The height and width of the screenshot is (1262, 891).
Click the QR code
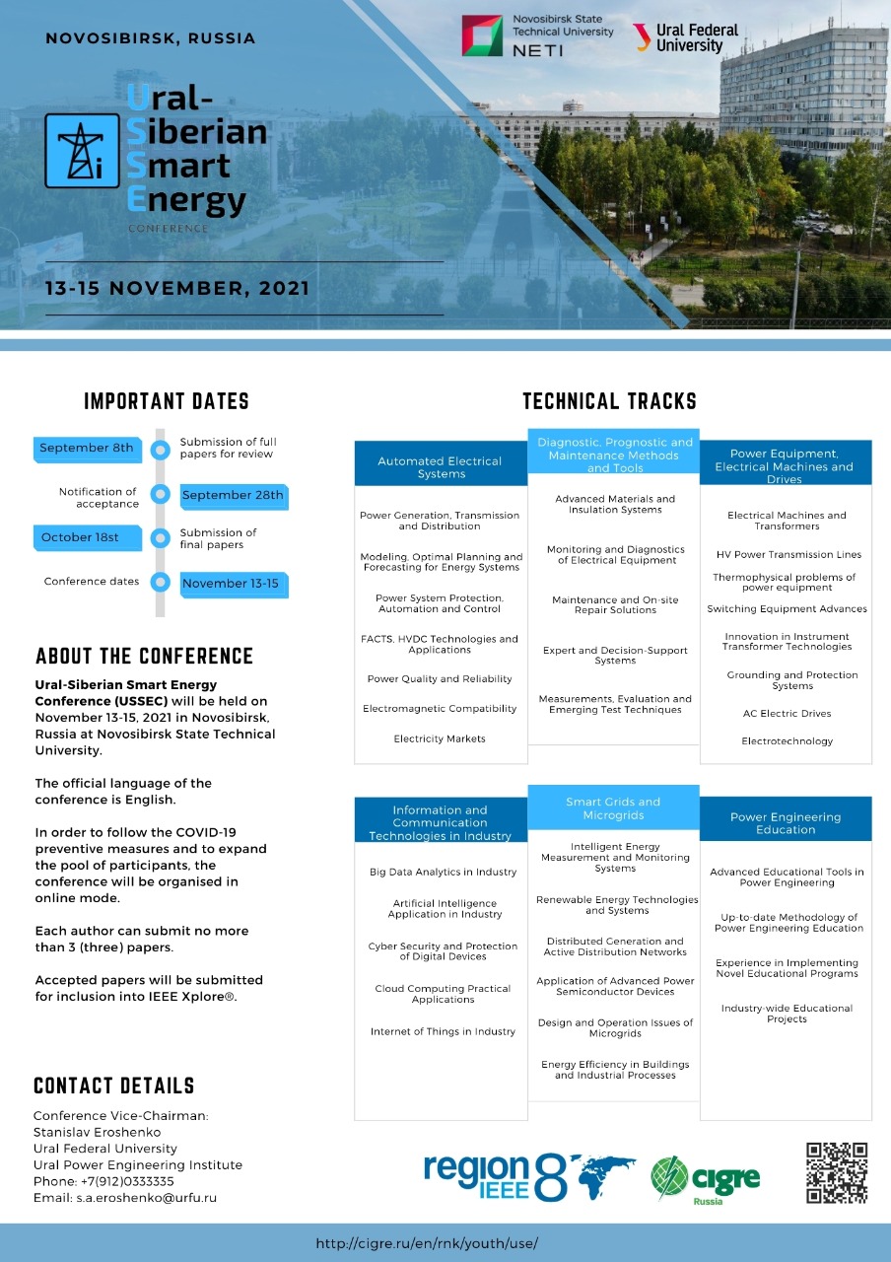coord(837,1172)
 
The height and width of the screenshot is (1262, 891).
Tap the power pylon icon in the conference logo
coord(82,150)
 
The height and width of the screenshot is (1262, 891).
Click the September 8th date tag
coord(86,449)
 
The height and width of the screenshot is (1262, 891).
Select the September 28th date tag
coord(234,496)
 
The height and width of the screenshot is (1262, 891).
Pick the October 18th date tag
coord(80,538)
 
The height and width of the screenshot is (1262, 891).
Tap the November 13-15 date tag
coord(232,585)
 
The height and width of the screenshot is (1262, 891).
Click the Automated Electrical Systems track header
coord(441,467)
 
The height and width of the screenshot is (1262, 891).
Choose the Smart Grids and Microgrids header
coord(613,808)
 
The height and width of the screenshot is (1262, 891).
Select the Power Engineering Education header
coord(786,823)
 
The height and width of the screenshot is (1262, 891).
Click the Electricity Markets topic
coord(440,738)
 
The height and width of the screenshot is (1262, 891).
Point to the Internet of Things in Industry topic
coord(443,1031)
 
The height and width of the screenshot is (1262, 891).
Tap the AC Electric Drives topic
coord(787,713)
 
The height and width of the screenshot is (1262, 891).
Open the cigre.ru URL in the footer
coord(427,1243)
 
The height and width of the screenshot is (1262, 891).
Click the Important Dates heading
coord(167,401)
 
